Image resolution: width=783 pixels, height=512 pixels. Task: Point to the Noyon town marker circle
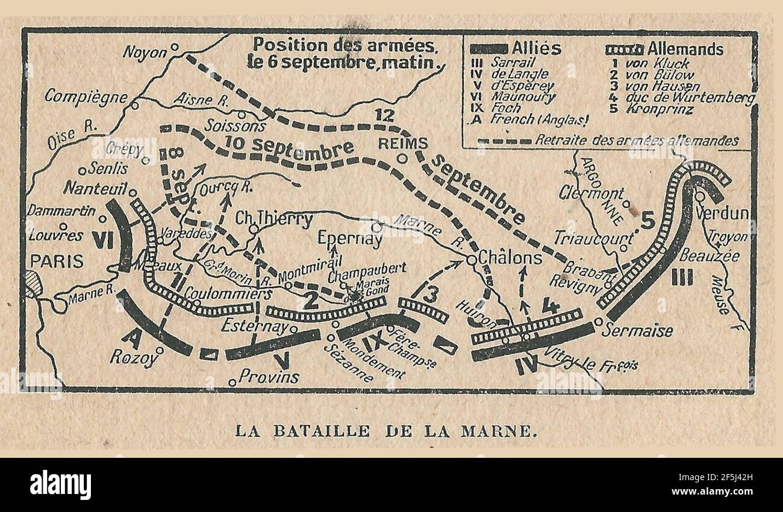[x=175, y=46]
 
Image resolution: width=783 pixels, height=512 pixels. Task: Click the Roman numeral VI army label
[x=103, y=239]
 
